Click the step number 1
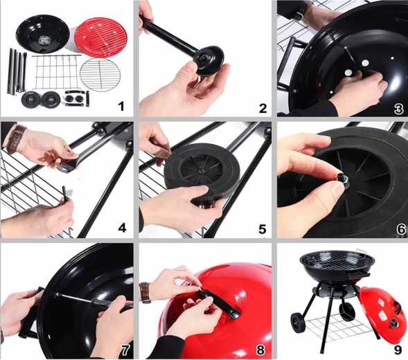pyautogui.click(x=121, y=106)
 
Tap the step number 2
pyautogui.click(x=263, y=108)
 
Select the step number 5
pyautogui.click(x=263, y=229)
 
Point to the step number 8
pyautogui.click(x=260, y=350)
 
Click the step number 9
pyautogui.click(x=398, y=350)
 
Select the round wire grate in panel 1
pyautogui.click(x=100, y=75)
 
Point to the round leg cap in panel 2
pyautogui.click(x=209, y=61)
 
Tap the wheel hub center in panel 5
pyautogui.click(x=201, y=170)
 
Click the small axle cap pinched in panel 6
pyautogui.click(x=342, y=179)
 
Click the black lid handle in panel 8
pyautogui.click(x=219, y=303)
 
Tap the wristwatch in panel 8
pyautogui.click(x=145, y=293)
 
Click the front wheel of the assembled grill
pyautogui.click(x=299, y=323)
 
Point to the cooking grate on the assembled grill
pyautogui.click(x=337, y=260)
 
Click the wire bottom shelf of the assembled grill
pyautogui.click(x=338, y=327)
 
